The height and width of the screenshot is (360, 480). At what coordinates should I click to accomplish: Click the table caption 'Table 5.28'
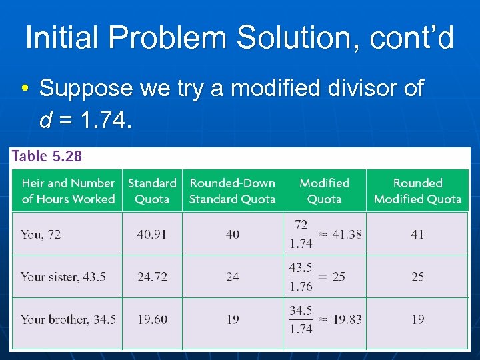coord(47,156)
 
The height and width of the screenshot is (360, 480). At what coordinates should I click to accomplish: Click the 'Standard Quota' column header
coord(152,191)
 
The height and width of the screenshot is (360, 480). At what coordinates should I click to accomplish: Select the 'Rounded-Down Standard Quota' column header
coord(232,191)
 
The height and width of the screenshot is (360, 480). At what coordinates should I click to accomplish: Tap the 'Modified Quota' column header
coord(324,191)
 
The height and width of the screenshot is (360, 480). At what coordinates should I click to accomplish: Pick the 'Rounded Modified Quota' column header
coord(417,191)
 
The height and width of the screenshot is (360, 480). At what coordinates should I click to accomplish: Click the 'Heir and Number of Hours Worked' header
coord(68,191)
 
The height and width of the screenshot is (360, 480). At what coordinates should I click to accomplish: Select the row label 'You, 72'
coord(41,234)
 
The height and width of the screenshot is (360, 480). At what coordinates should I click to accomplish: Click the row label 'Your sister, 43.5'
coord(63,277)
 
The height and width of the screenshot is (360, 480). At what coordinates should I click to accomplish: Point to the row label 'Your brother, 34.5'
coord(68,319)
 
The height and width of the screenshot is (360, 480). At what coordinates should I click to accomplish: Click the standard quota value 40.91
coord(152,234)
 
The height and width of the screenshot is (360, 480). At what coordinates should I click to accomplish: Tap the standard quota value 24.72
coord(152,277)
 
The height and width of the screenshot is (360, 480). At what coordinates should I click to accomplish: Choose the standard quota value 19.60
coord(152,319)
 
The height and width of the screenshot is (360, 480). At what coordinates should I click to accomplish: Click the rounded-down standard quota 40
coord(232,234)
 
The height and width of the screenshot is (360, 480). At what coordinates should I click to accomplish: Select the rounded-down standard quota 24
coord(232,277)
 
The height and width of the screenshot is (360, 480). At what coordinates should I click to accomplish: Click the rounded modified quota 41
coord(417,234)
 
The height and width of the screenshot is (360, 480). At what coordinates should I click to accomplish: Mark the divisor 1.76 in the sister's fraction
coord(301,286)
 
